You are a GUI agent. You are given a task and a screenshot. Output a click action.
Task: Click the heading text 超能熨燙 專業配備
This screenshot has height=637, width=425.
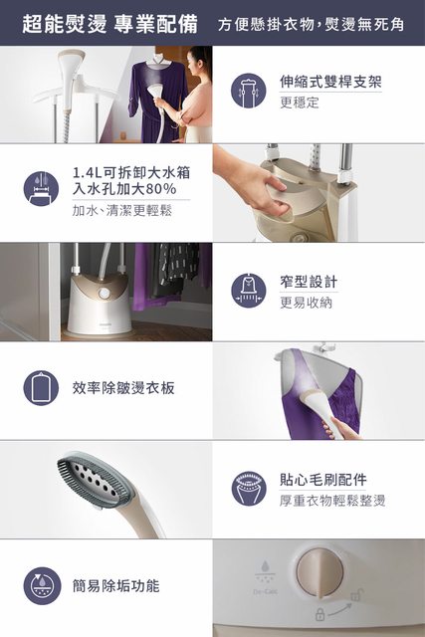(x=109, y=24)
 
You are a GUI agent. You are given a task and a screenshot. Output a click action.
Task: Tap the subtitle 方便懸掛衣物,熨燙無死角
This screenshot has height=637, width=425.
(x=311, y=24)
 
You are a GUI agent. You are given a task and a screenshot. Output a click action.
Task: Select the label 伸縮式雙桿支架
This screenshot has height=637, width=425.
(x=330, y=82)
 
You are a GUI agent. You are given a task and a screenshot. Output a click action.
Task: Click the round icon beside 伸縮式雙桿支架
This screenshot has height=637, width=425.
(x=248, y=91)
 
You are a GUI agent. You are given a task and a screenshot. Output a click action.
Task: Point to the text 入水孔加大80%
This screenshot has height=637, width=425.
(x=124, y=189)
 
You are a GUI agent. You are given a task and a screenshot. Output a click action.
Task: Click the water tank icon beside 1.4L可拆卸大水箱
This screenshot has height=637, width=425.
(x=41, y=189)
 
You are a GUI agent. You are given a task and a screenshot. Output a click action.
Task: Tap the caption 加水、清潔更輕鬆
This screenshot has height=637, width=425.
(x=121, y=210)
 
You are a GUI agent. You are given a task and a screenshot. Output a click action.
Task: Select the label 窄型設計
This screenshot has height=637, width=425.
(x=309, y=282)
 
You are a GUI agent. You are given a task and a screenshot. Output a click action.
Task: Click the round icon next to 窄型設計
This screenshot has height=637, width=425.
(x=248, y=291)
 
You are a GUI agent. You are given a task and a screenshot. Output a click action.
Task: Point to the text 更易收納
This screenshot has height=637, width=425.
(x=306, y=303)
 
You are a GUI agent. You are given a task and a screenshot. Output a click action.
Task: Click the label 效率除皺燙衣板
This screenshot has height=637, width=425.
(x=123, y=388)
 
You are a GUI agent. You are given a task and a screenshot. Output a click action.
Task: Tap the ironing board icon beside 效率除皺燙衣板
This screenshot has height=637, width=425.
(x=41, y=388)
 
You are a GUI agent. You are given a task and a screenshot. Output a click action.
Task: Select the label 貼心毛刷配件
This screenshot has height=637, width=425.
(x=323, y=480)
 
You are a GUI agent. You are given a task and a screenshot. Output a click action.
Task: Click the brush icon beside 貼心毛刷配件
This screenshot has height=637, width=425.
(x=248, y=489)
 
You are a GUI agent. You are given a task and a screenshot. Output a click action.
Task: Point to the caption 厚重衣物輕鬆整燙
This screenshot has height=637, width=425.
(x=332, y=501)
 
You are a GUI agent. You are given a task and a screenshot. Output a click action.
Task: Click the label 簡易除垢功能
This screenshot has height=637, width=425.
(x=115, y=586)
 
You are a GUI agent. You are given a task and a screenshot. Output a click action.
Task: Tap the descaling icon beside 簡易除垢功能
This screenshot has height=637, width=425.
(x=41, y=586)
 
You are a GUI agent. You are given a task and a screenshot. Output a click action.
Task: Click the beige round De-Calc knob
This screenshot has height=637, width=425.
(x=319, y=571)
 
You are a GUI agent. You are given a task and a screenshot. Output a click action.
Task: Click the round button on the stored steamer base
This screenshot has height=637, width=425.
(x=105, y=293)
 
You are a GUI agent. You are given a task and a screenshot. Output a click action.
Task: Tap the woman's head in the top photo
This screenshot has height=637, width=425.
(x=200, y=61)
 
